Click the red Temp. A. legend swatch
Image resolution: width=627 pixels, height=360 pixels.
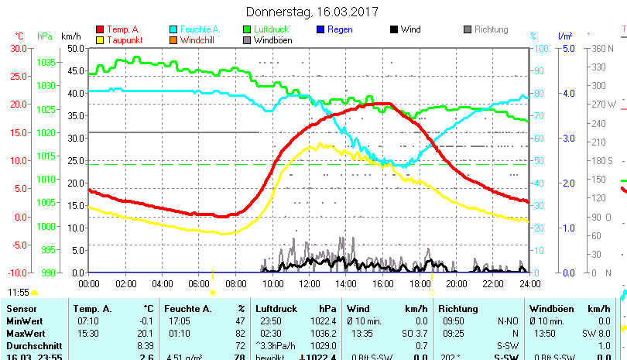click(99, 29)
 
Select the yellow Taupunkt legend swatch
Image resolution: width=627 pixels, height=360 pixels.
click(99, 39)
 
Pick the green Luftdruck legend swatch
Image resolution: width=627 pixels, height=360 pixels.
click(247, 29)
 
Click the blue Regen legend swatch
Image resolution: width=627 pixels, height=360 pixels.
click(321, 29)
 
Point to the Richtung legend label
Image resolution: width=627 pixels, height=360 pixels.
click(491, 29)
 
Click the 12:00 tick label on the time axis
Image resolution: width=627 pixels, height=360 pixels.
click(309, 283)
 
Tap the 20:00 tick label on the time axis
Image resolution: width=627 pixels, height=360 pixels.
click(456, 283)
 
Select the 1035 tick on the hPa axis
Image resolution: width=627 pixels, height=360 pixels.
click(46, 62)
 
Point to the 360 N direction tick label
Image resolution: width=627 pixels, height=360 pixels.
click(602, 48)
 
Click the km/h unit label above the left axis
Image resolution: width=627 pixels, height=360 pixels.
click(70, 36)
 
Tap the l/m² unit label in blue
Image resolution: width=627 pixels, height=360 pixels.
click(564, 36)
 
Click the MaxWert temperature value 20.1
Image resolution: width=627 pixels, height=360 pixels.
click(145, 333)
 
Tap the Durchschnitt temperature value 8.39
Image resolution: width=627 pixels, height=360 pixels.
click(145, 345)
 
